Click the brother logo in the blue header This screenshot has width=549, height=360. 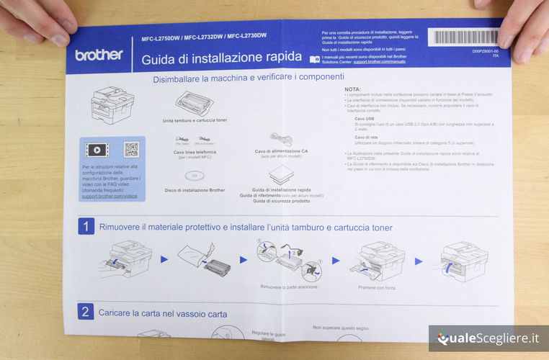tap(99, 55)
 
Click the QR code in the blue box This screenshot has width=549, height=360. tap(130, 150)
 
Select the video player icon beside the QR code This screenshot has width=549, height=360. tap(97, 150)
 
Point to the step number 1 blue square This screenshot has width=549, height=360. tap(86, 227)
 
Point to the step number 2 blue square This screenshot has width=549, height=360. tap(86, 312)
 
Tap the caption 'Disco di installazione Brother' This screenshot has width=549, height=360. tap(195, 190)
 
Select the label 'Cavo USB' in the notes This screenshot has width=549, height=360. tap(365, 118)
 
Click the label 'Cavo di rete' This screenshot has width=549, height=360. tap(366, 137)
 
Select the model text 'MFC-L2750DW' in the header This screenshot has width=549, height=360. tap(160, 36)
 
